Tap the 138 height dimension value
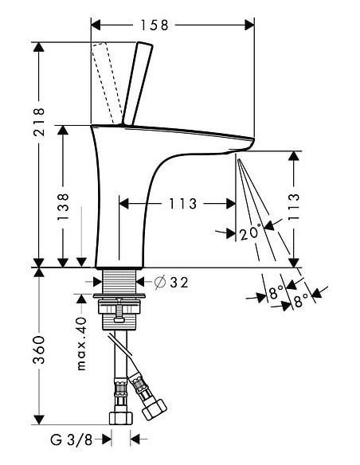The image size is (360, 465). (x=64, y=206)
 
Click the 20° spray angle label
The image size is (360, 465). (x=249, y=233)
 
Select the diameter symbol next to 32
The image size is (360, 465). (x=158, y=281)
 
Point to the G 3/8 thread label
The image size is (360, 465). (x=77, y=439)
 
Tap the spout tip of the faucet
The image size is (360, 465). (x=243, y=145)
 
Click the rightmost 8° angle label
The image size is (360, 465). (x=301, y=302)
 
